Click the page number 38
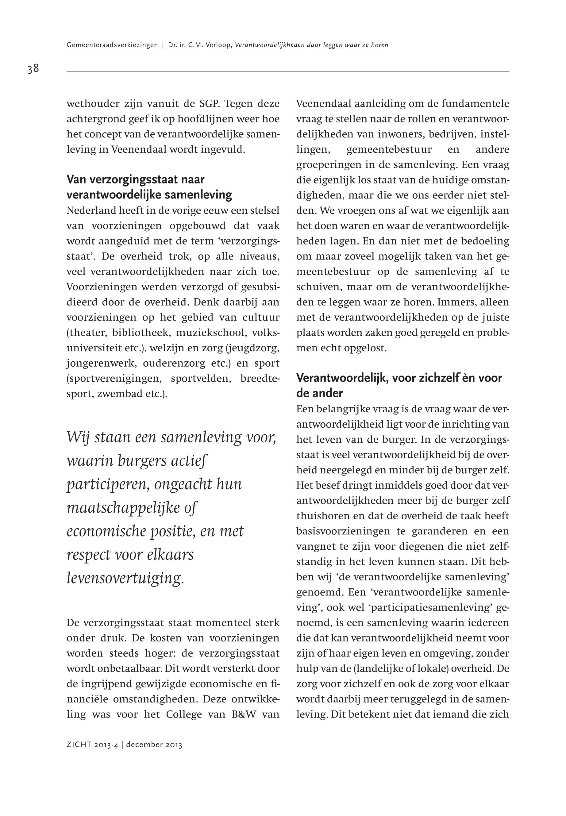pos(33,68)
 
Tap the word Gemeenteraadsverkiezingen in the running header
pos(112,45)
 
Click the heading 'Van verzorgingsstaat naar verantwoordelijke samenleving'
pos(149,187)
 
